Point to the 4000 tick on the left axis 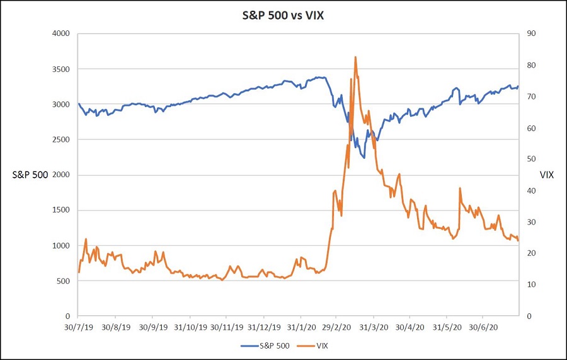tap(60, 33)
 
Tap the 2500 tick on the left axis tap(60, 139)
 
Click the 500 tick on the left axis tap(63, 281)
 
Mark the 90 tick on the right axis tap(530, 33)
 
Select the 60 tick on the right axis tap(530, 128)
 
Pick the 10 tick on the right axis tap(530, 284)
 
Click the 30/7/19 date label tap(78, 328)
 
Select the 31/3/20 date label tap(374, 328)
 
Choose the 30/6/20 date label tap(483, 328)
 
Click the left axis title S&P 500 tap(30, 175)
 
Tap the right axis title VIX tap(547, 175)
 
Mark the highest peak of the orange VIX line tap(355, 57)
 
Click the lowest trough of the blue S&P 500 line tap(364, 158)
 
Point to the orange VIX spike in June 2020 tap(460, 188)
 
